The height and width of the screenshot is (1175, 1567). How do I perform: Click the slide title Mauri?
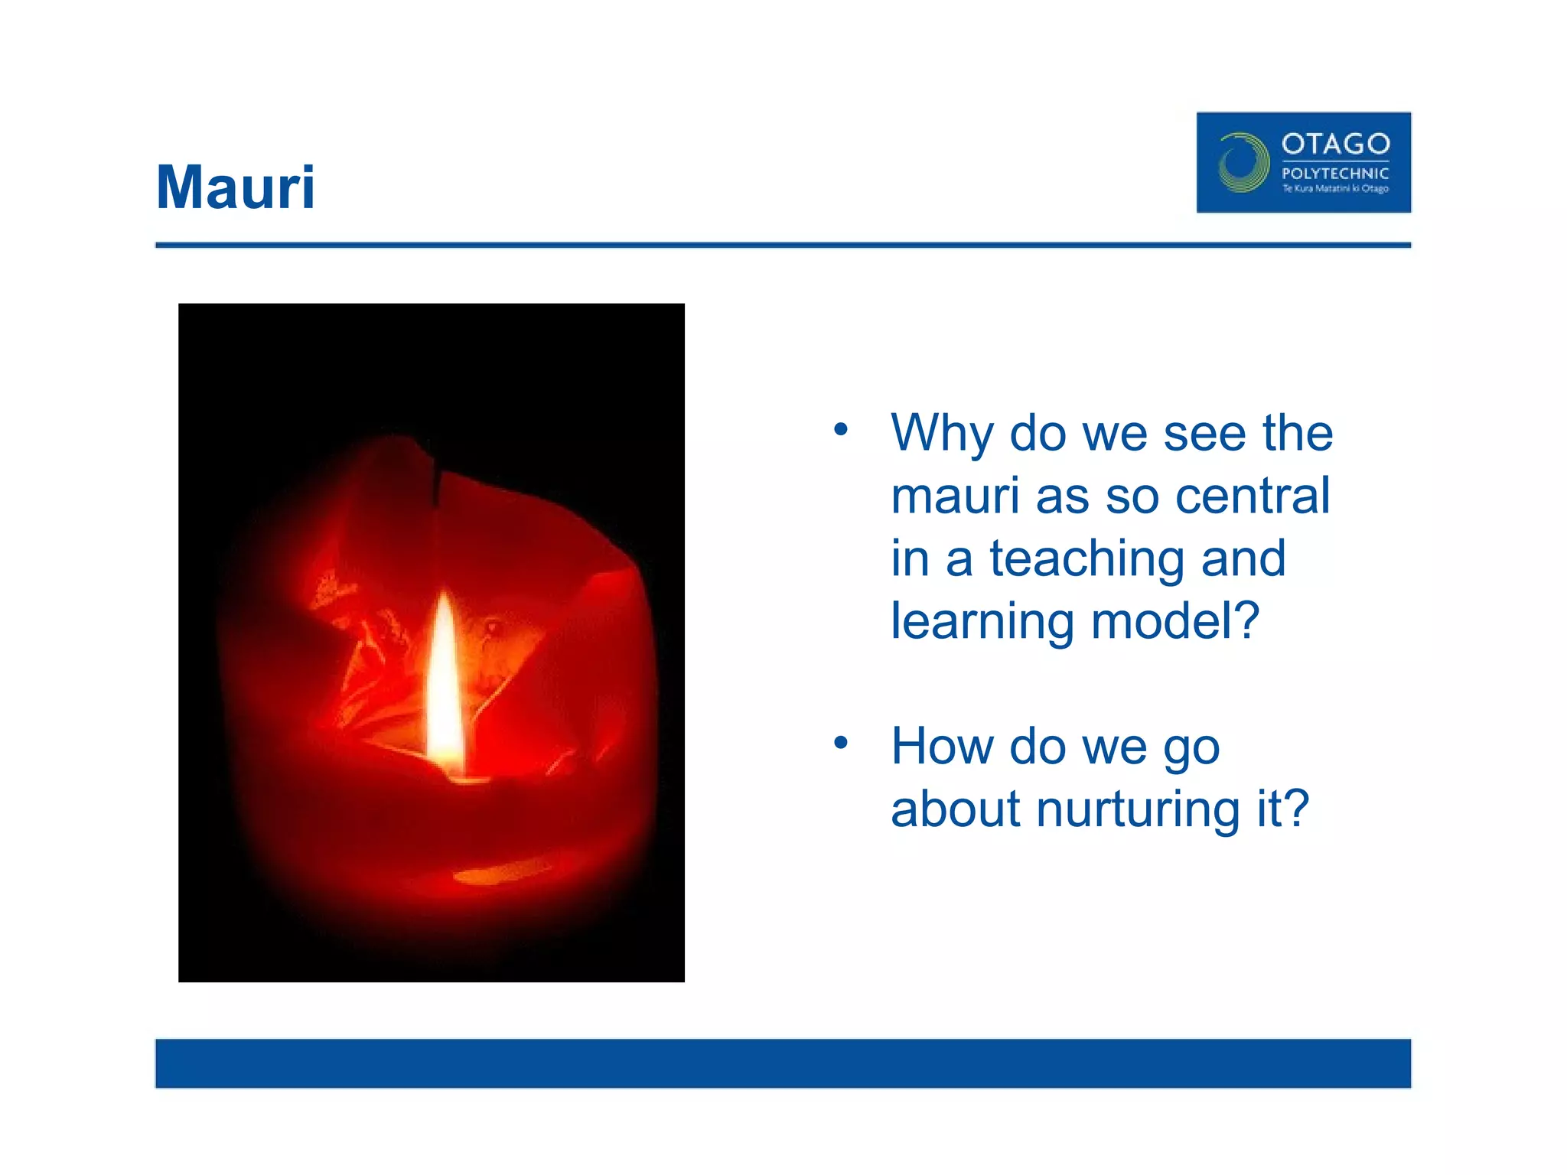[235, 187]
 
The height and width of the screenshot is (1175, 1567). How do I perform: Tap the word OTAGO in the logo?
[1335, 144]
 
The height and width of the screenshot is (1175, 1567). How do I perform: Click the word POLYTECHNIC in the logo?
[1335, 174]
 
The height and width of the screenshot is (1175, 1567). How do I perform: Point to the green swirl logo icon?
[1243, 162]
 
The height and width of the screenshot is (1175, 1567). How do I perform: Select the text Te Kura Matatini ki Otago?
[1335, 188]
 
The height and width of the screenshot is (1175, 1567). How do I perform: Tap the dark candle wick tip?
[436, 482]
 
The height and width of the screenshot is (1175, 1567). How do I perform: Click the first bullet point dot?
[841, 429]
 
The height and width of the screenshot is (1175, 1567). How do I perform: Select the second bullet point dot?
[841, 742]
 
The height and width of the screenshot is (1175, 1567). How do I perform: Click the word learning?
[982, 622]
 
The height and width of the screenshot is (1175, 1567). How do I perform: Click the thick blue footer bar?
[783, 1063]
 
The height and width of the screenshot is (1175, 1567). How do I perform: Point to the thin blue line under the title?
[783, 245]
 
